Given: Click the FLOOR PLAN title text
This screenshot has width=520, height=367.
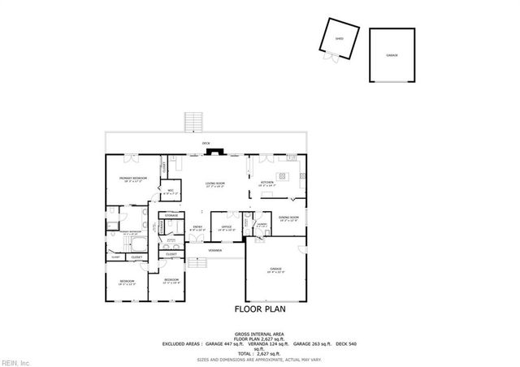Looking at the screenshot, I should [x=260, y=309].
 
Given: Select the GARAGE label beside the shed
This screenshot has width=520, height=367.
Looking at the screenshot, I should [x=391, y=54].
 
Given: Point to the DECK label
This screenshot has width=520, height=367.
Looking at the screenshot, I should [x=206, y=144].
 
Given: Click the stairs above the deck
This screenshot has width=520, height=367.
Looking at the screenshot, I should [x=193, y=122].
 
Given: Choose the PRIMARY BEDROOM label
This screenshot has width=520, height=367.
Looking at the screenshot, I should [x=132, y=179].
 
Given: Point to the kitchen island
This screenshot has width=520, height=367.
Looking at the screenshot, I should [x=283, y=175].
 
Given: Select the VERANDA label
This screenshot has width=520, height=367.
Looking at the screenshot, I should [x=214, y=250].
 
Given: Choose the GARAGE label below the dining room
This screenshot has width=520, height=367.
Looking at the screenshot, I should [x=275, y=270].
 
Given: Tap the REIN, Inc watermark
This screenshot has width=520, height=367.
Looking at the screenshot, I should [x=15, y=361].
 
